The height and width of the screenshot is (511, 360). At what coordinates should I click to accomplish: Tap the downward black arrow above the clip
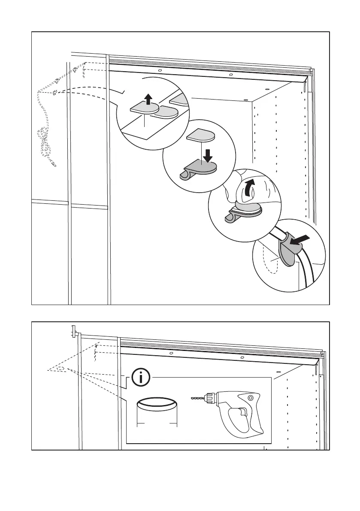pos(208,155)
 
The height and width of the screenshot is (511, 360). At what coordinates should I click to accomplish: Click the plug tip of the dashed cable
pos(54,165)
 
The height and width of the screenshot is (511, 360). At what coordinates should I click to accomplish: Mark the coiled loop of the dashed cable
pos(44,144)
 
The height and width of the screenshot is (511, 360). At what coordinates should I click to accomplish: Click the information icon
pos(141,378)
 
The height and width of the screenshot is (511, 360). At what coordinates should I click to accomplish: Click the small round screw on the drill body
pos(250,399)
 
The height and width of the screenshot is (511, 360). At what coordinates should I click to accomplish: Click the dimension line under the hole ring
pos(157,424)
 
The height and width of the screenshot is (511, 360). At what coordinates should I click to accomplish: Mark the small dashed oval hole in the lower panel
pos(61,368)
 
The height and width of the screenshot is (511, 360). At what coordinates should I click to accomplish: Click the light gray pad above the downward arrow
pos(201,136)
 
